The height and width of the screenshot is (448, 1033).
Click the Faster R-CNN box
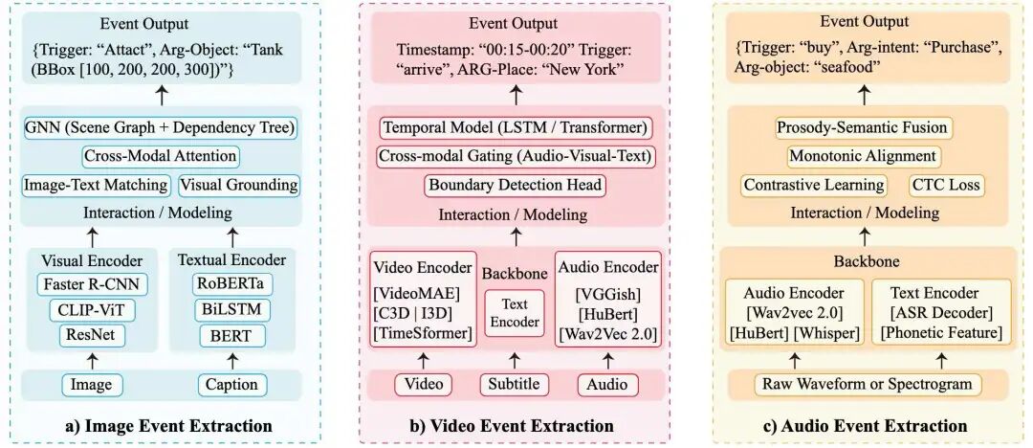pos(93,283)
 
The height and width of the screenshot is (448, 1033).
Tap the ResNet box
pos(93,334)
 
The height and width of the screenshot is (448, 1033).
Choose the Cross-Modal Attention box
pos(161,156)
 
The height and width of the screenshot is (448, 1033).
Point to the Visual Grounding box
pos(239,185)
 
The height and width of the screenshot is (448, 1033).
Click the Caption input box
pos(231,385)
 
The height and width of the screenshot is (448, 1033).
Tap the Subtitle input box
pos(515,385)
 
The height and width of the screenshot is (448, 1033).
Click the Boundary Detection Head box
pos(514,186)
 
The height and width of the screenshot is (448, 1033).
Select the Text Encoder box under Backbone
pos(515,313)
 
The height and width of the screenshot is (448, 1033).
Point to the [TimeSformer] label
pos(423,333)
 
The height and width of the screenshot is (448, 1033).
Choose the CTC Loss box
pos(945,185)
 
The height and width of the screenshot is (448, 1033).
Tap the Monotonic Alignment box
pos(863,156)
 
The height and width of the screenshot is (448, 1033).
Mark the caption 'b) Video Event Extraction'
pos(514,426)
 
